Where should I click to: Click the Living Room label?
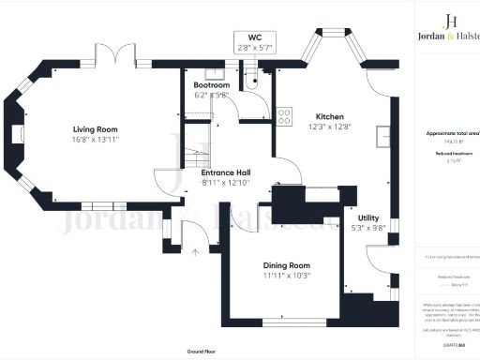(x=96, y=129)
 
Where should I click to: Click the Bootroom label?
(x=198, y=83)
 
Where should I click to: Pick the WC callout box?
(x=254, y=43)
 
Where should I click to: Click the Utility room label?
(x=357, y=217)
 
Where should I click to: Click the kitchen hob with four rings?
(x=283, y=116)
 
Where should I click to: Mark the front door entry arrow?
(x=195, y=251)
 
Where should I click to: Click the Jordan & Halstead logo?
(x=448, y=29)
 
